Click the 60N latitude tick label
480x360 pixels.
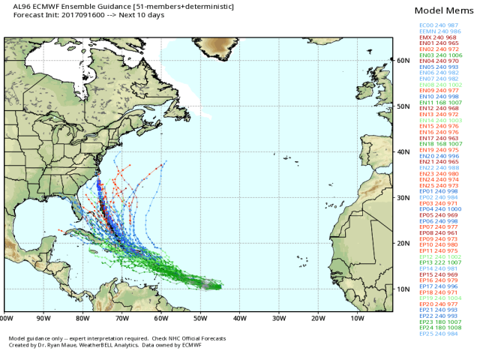402,60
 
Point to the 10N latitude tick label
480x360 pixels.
402,289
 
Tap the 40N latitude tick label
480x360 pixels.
402,151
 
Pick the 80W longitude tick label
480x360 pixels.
83,318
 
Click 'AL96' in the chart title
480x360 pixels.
13,6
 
